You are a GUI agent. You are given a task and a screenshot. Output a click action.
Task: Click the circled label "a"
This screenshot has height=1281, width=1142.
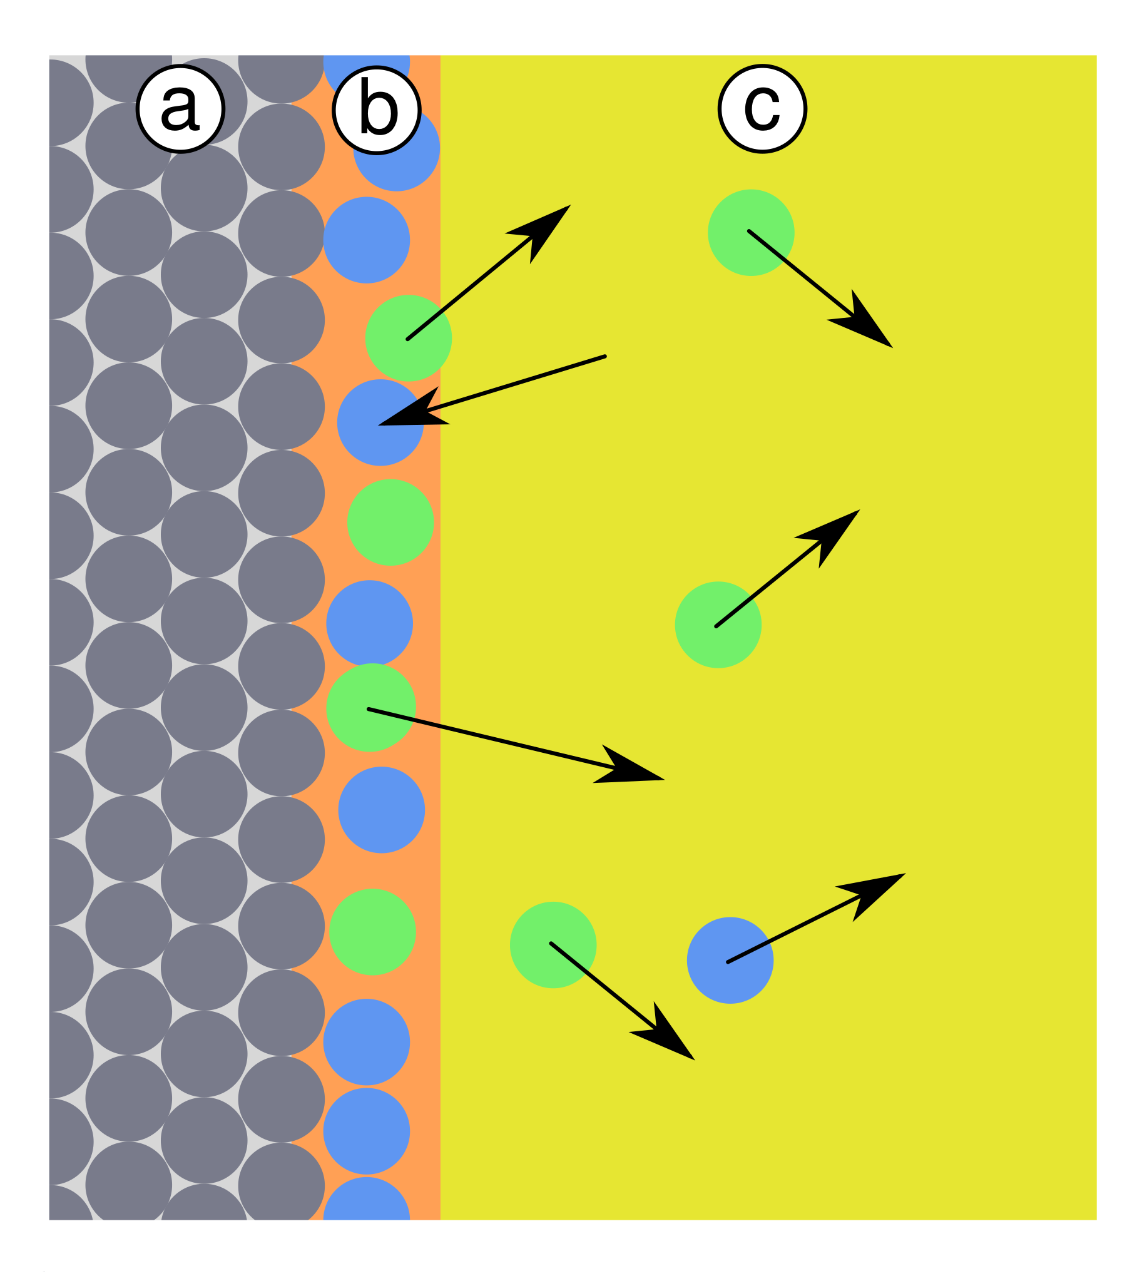coord(181,109)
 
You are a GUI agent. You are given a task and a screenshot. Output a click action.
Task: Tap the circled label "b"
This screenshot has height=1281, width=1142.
coord(377,110)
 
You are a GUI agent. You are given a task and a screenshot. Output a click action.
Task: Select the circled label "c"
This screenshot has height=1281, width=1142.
coord(762,109)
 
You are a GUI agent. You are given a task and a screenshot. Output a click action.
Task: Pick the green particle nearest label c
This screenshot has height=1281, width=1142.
coord(751,232)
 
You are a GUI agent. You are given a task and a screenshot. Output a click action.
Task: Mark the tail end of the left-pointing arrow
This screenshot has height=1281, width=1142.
coord(605,357)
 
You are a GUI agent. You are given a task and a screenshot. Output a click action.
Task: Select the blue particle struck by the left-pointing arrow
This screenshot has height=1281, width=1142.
coord(380,422)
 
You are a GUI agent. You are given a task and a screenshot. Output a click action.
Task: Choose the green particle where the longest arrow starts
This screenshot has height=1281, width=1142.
coord(371,707)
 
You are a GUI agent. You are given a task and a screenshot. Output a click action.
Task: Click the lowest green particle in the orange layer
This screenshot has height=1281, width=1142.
coord(373,932)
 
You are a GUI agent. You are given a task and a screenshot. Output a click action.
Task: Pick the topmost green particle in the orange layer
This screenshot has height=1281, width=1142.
coord(409,339)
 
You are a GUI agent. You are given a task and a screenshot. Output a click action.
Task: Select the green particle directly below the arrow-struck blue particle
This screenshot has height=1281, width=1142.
coord(390,522)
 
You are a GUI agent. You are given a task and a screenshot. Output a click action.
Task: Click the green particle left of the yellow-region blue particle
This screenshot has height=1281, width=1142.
coord(553,945)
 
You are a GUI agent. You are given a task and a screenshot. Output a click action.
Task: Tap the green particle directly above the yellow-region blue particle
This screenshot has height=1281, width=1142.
coord(718,625)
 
